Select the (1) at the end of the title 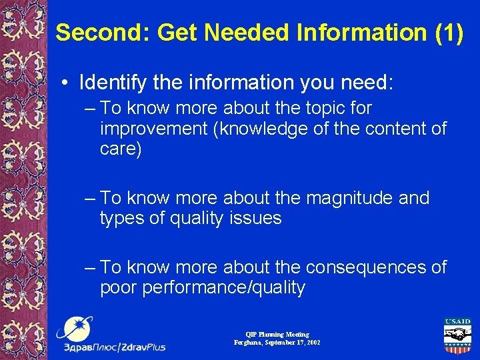click(448, 32)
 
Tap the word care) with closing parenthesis click(121, 149)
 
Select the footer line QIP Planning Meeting click(277, 334)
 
